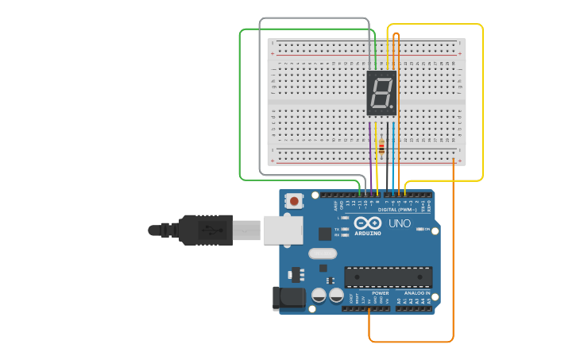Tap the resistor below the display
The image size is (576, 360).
click(x=382, y=146)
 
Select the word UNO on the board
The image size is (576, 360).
click(x=400, y=223)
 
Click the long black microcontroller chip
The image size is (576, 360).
click(x=388, y=277)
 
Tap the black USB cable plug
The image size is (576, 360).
click(x=204, y=230)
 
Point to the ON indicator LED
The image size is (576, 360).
click(x=419, y=230)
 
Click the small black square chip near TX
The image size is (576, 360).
click(x=325, y=234)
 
